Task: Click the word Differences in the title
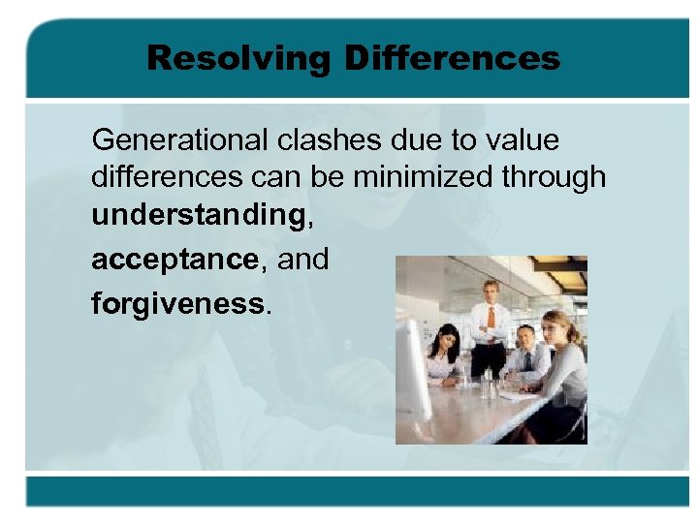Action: point(452,58)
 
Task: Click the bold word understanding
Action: point(198,216)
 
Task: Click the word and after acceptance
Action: point(302,260)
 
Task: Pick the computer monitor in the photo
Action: point(413,367)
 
